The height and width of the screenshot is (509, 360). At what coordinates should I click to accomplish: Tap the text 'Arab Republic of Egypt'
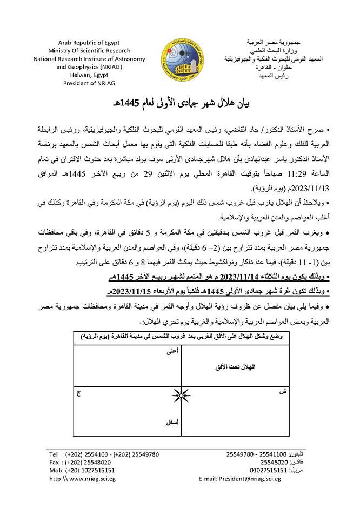click(x=91, y=42)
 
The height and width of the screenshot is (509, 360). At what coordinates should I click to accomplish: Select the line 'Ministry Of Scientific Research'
click(x=91, y=51)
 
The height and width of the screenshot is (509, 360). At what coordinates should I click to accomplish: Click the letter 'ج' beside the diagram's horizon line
click(x=79, y=395)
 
